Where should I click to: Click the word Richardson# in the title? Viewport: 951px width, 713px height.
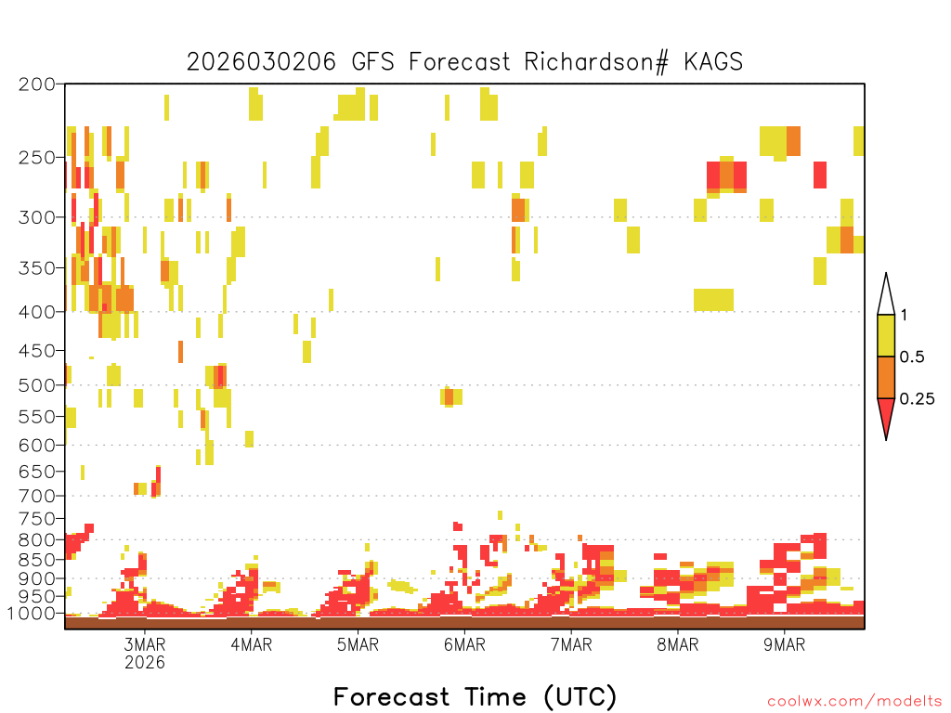tap(596, 62)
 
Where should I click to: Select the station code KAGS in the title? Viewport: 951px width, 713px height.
tap(713, 62)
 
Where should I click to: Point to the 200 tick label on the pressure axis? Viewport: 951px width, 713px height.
tap(37, 84)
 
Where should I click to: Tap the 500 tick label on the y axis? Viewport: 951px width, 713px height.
tap(37, 385)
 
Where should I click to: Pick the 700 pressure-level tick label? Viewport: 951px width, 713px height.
tap(37, 496)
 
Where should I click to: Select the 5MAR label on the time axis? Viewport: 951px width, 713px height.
tap(358, 644)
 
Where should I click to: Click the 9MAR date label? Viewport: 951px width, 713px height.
tap(784, 644)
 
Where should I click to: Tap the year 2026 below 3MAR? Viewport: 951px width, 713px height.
tap(144, 662)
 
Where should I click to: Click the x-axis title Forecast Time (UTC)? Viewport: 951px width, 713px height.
tap(475, 697)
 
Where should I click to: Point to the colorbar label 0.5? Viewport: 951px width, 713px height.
tap(912, 356)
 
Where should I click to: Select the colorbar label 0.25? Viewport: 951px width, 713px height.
tap(917, 398)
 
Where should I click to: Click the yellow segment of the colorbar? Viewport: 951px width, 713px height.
tap(886, 335)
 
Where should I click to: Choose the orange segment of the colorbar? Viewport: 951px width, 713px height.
tap(886, 377)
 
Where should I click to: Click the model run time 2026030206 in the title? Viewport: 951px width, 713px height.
tap(261, 62)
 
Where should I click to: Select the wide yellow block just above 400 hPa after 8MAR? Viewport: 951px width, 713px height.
tap(714, 300)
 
